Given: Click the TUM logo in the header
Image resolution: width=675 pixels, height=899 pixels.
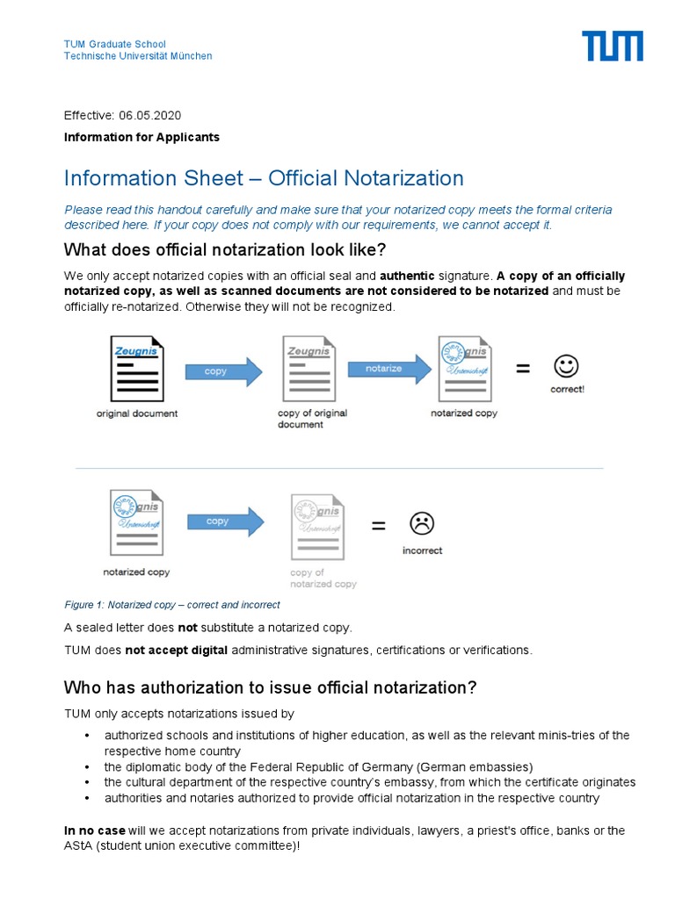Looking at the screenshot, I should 612,47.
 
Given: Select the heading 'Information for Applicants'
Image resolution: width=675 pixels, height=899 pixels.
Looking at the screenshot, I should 142,137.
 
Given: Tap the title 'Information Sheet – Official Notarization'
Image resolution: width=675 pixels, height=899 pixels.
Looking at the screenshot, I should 264,178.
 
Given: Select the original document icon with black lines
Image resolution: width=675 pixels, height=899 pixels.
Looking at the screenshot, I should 136,368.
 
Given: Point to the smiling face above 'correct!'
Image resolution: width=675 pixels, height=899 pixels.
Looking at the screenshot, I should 566,365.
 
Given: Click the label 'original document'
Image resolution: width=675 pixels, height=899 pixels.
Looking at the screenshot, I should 136,413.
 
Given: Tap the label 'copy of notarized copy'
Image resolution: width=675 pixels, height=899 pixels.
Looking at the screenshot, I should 323,578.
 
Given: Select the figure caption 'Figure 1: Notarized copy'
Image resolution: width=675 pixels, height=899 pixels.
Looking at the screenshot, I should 172,605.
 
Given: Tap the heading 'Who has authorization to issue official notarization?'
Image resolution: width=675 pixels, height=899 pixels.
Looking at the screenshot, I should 271,687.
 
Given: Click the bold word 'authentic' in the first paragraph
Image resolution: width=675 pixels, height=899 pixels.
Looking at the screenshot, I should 407,277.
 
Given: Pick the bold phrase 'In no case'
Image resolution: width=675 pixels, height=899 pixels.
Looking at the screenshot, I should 95,831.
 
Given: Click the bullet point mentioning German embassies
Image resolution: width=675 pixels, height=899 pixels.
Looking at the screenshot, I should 318,766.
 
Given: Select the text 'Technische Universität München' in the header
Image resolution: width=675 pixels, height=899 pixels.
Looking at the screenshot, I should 138,56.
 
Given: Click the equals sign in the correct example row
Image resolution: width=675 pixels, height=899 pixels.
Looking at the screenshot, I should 523,370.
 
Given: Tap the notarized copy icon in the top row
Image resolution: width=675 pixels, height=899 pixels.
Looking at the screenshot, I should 464,368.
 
